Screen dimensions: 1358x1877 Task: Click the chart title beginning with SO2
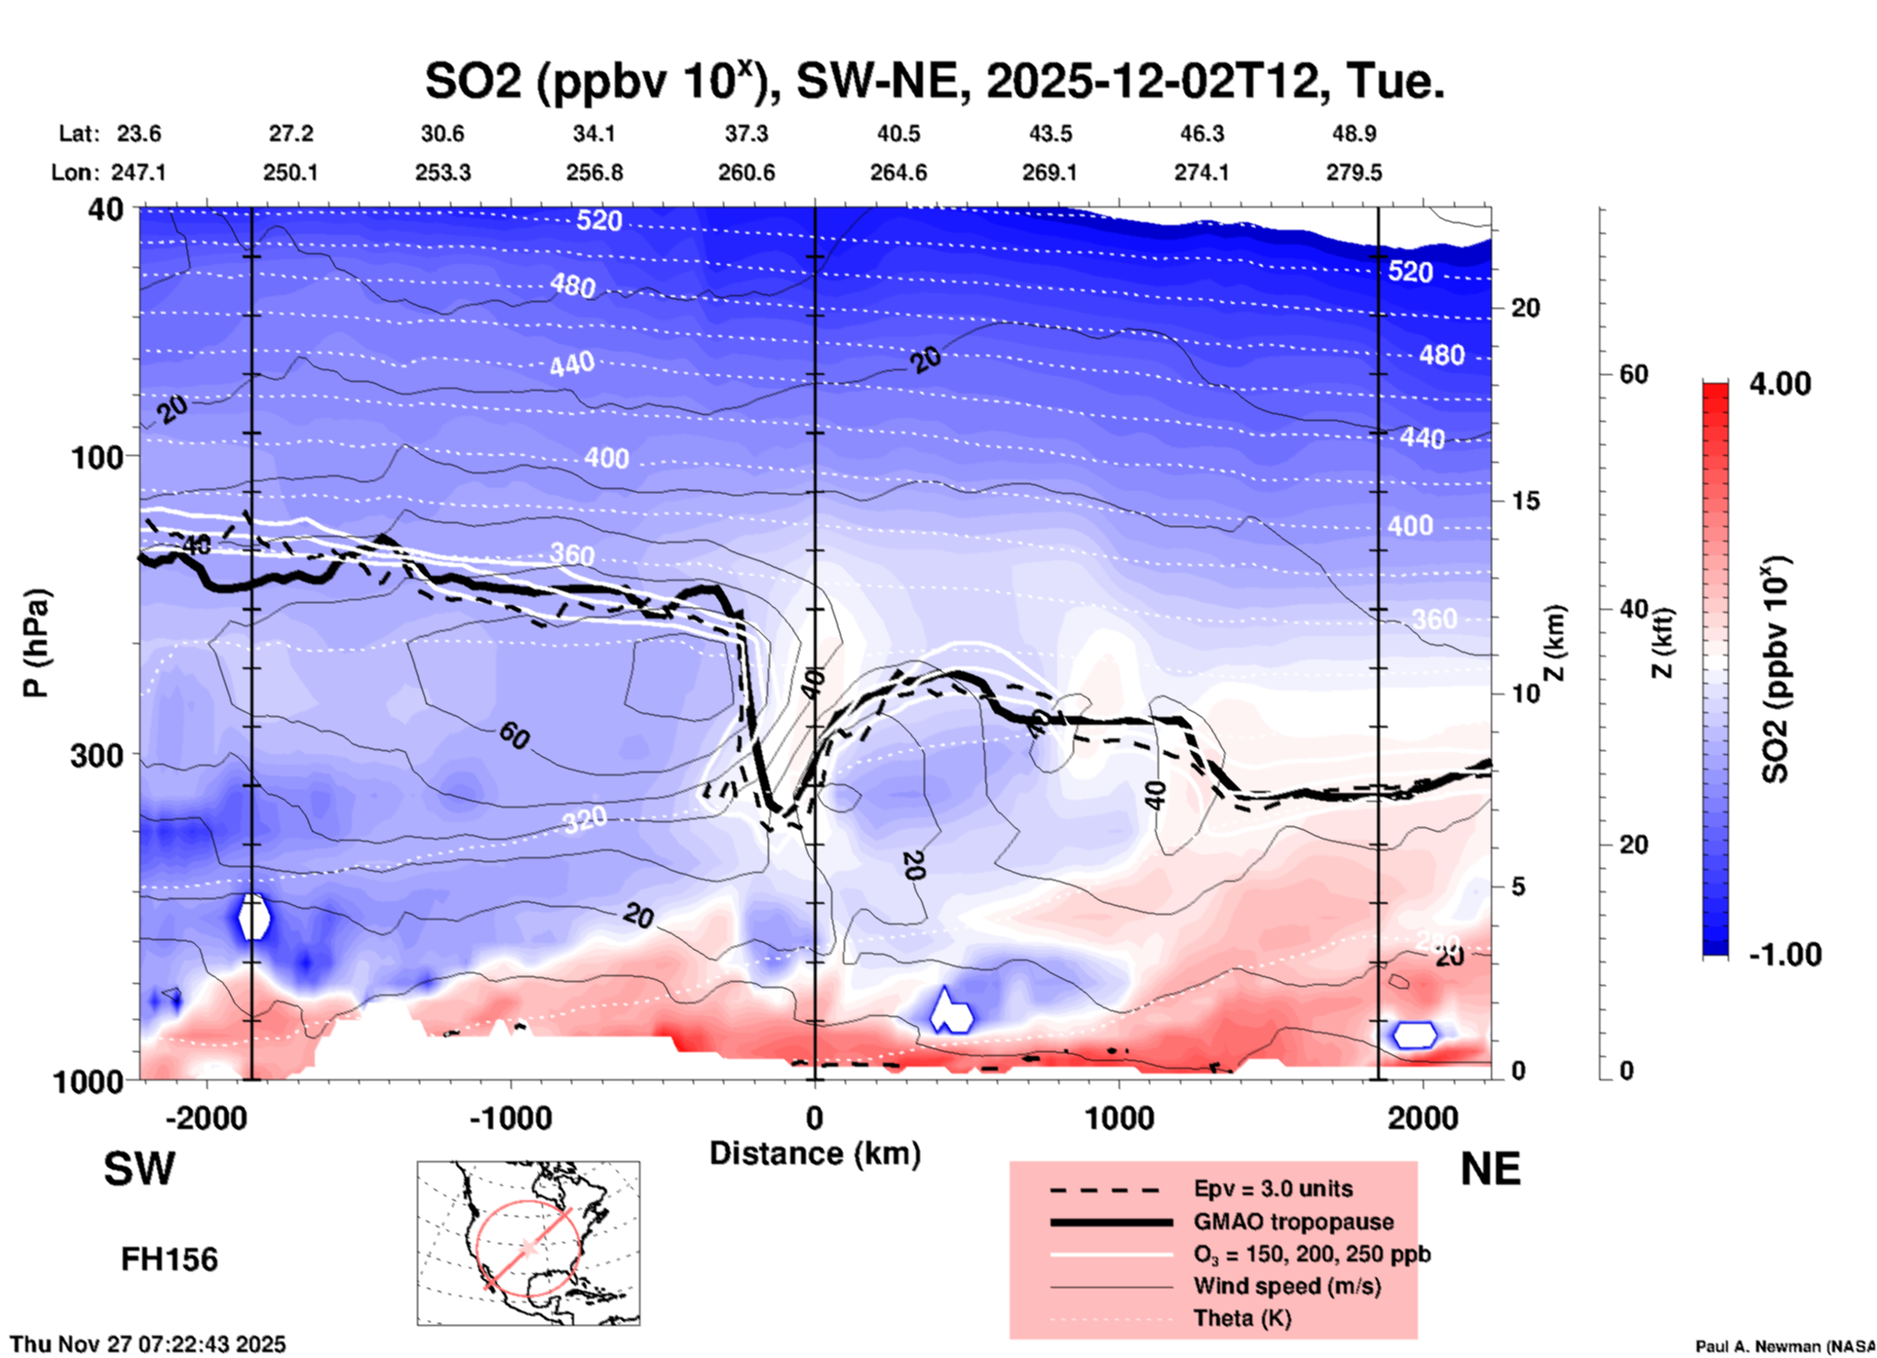point(934,81)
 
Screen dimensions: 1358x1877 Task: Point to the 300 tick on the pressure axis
point(96,755)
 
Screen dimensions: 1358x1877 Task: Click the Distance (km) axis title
point(815,1153)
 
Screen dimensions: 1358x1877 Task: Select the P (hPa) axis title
point(36,643)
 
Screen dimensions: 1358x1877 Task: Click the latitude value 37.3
point(746,133)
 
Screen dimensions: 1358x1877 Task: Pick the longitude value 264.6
point(898,172)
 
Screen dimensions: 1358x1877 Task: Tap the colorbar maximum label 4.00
point(1780,383)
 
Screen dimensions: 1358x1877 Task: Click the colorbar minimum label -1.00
point(1784,954)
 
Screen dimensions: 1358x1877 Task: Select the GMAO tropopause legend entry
point(1292,1222)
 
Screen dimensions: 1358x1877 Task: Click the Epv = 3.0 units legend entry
point(1273,1188)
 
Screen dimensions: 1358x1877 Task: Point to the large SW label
point(139,1169)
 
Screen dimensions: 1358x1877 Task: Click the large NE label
point(1490,1169)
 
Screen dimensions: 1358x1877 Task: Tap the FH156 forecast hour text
point(170,1260)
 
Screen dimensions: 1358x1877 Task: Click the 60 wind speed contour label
point(514,736)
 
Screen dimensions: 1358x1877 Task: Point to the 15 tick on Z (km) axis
point(1525,501)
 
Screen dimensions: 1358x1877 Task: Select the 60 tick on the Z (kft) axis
point(1633,374)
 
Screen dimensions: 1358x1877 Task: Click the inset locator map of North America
point(528,1242)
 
